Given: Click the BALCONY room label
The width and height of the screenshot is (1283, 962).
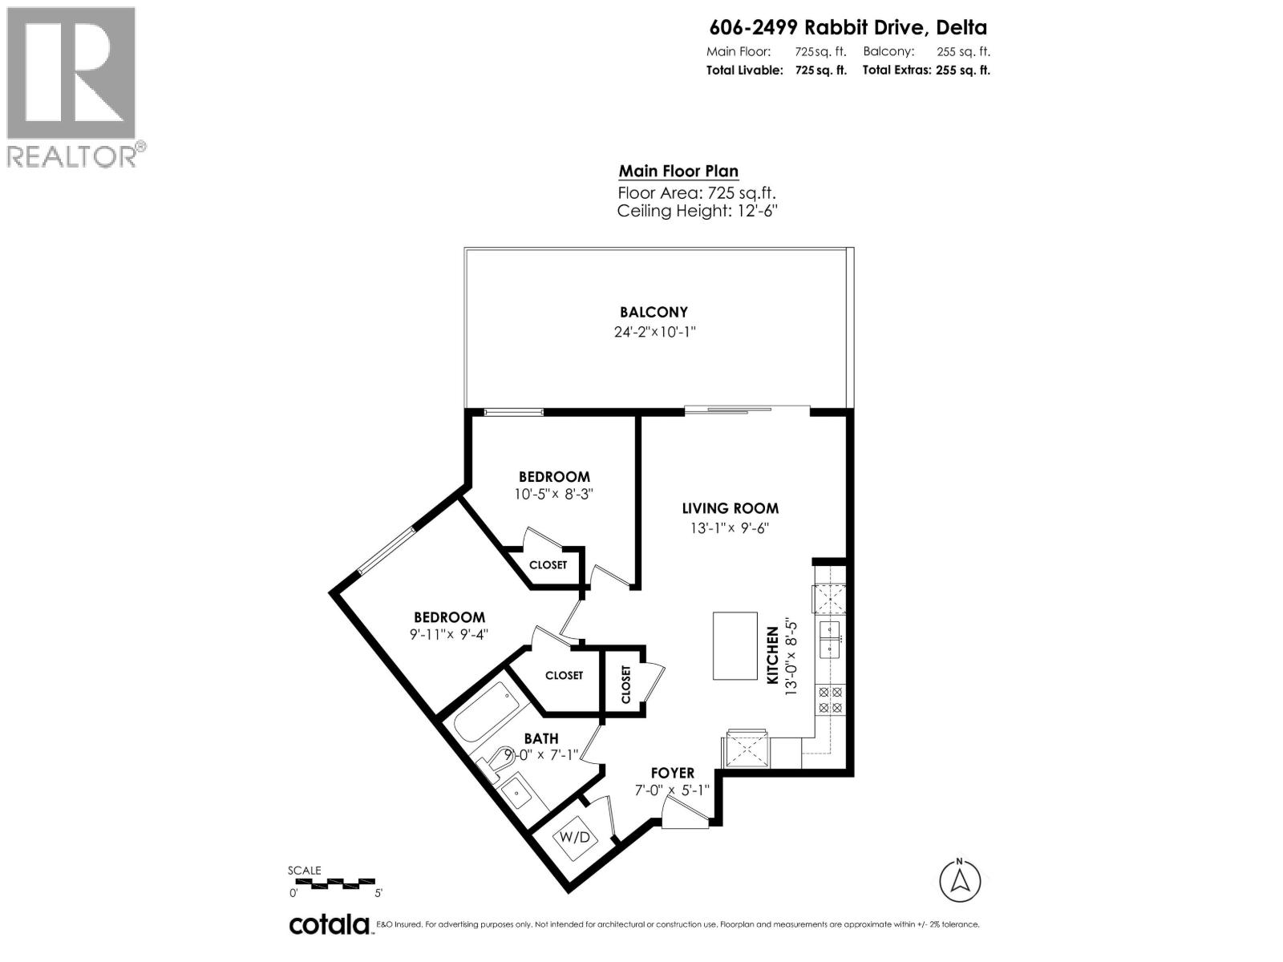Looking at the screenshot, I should pyautogui.click(x=654, y=313).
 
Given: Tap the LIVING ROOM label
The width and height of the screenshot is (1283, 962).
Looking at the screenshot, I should pyautogui.click(x=730, y=508).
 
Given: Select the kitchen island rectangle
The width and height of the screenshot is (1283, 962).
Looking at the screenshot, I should pyautogui.click(x=735, y=646).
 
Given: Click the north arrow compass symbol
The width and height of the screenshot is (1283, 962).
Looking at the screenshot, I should pyautogui.click(x=960, y=880).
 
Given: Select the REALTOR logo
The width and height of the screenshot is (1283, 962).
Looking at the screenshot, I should pyautogui.click(x=72, y=86).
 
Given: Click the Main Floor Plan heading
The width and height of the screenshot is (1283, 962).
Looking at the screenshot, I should pyautogui.click(x=678, y=172).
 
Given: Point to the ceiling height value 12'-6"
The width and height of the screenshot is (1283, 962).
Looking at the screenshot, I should pyautogui.click(x=752, y=212).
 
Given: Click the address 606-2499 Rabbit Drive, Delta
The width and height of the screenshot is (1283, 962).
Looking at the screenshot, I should pyautogui.click(x=848, y=28).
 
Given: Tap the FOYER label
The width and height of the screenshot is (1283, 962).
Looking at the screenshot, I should pyautogui.click(x=672, y=773).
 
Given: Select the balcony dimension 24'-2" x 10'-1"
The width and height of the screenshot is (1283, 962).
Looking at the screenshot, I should pyautogui.click(x=654, y=332).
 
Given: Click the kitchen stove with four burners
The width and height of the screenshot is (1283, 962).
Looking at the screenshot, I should pyautogui.click(x=829, y=700).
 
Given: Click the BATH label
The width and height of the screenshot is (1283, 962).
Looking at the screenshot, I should pyautogui.click(x=541, y=738).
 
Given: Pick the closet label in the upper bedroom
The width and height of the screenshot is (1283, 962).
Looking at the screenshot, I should pyautogui.click(x=548, y=565).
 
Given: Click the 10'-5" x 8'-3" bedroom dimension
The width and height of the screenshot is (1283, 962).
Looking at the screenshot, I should pyautogui.click(x=553, y=495).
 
